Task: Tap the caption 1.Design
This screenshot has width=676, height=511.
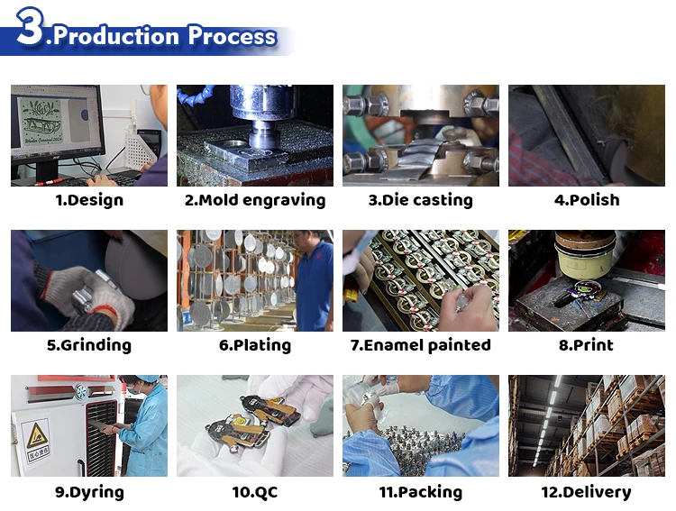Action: pyautogui.click(x=89, y=200)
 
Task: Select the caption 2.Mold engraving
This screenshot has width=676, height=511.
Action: pyautogui.click(x=255, y=200)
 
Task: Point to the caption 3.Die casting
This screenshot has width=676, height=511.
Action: pyautogui.click(x=420, y=200)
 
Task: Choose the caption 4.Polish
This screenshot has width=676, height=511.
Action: pyautogui.click(x=587, y=200)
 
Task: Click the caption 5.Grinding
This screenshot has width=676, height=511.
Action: pyautogui.click(x=89, y=345)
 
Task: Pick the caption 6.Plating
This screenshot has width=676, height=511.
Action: pyautogui.click(x=255, y=345)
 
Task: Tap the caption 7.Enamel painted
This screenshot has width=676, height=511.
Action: pyautogui.click(x=420, y=345)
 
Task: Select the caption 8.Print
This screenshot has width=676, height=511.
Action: pyautogui.click(x=587, y=345)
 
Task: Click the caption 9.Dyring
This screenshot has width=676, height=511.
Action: pyautogui.click(x=89, y=492)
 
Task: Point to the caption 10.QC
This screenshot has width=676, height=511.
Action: pyautogui.click(x=255, y=492)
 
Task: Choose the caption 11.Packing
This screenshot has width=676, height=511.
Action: pyautogui.click(x=420, y=492)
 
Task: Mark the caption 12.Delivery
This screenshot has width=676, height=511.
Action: pyautogui.click(x=587, y=492)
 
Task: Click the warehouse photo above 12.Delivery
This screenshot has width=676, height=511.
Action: pyautogui.click(x=587, y=425)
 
